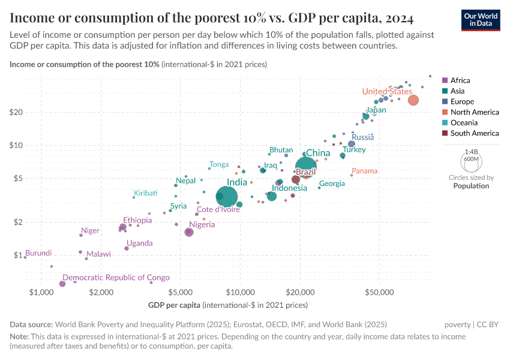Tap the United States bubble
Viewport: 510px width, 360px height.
click(x=413, y=100)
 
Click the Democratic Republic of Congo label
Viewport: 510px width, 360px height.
click(x=116, y=278)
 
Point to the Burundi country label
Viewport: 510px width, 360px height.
click(x=38, y=253)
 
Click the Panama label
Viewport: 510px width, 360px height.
click(x=365, y=171)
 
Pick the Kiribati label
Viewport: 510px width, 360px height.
click(x=146, y=193)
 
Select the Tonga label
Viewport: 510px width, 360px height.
click(x=219, y=164)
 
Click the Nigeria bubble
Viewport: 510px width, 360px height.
click(x=189, y=232)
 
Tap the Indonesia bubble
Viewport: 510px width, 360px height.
click(x=272, y=196)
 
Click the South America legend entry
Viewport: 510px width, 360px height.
click(x=474, y=133)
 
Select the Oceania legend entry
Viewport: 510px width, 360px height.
click(x=463, y=122)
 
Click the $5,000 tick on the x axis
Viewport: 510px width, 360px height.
click(x=181, y=292)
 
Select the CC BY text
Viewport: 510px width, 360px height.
click(x=487, y=324)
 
